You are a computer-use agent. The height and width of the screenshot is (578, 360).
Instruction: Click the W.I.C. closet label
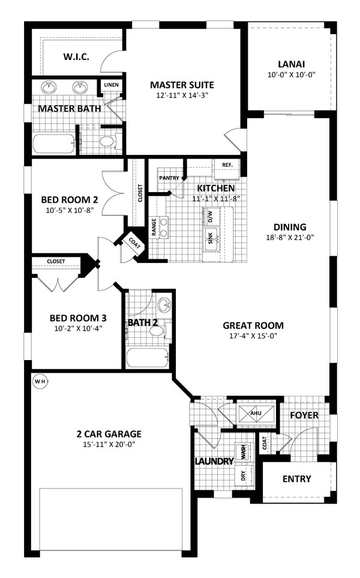pyautogui.click(x=76, y=58)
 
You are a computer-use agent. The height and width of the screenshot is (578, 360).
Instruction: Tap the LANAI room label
pyautogui.click(x=291, y=64)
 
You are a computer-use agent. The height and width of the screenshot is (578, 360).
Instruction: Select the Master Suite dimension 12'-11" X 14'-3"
pyautogui.click(x=182, y=95)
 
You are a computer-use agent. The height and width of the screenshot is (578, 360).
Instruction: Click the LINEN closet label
pyautogui.click(x=112, y=85)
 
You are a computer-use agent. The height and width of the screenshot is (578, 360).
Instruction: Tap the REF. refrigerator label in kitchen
pyautogui.click(x=227, y=165)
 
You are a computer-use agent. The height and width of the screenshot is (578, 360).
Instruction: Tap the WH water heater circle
pyautogui.click(x=39, y=381)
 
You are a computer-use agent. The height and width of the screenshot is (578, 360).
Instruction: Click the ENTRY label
pyautogui.click(x=296, y=478)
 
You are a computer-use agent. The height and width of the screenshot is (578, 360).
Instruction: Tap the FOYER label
pyautogui.click(x=304, y=415)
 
